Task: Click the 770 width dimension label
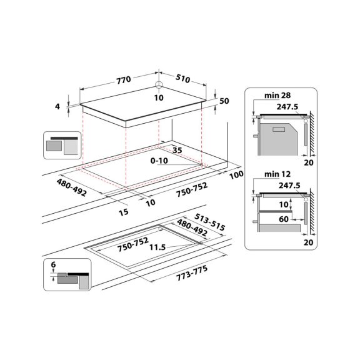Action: click(x=123, y=80)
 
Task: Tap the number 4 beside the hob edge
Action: click(x=57, y=107)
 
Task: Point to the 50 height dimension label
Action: click(x=225, y=101)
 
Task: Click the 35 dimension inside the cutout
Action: click(x=177, y=150)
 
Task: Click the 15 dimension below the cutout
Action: click(x=123, y=212)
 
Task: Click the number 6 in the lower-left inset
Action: click(x=54, y=266)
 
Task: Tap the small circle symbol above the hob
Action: click(x=159, y=86)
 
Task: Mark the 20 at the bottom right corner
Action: click(x=307, y=241)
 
